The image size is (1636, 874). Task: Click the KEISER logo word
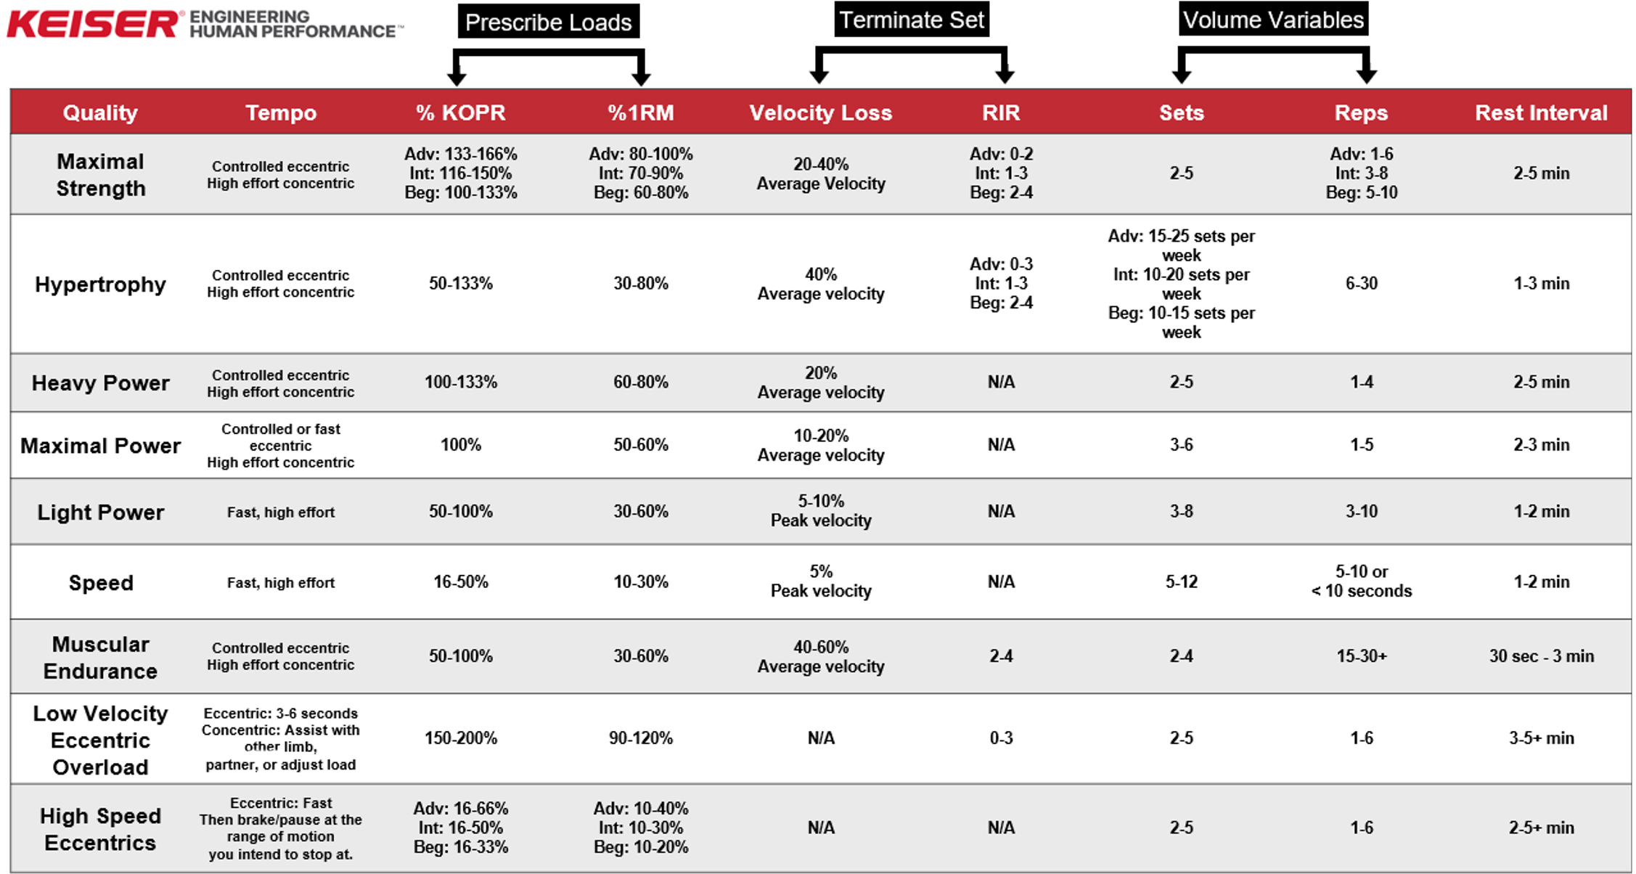coord(92,24)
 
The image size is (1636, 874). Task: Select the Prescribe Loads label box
coord(548,22)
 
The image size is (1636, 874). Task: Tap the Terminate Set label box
coord(912,20)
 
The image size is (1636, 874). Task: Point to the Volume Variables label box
coord(1273,20)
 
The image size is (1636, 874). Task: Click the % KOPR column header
coord(460,113)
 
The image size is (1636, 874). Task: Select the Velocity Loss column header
coord(820,113)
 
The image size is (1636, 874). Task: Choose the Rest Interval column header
coord(1541,113)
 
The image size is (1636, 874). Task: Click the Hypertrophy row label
coord(100,284)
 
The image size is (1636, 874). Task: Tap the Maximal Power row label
coord(100,445)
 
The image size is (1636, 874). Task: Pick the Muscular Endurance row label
coord(100,657)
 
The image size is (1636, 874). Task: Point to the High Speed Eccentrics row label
coord(100,829)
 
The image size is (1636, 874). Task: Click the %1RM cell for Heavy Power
coord(640,382)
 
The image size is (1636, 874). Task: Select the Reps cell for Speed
coord(1361,581)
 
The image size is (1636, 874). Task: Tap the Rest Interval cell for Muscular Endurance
coord(1541,656)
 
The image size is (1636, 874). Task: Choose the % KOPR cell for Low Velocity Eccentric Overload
coord(460,738)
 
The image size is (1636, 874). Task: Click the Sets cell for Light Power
coord(1181,511)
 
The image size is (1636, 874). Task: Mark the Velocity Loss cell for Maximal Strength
coord(820,173)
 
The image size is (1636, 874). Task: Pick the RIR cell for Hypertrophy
coord(1001,283)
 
